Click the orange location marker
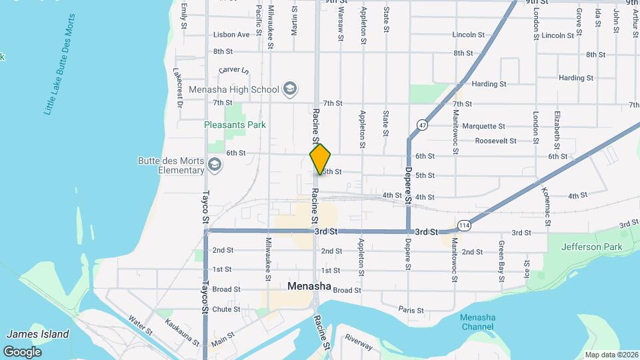[321, 159]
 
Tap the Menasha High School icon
[290, 89]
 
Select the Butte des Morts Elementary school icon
[215, 164]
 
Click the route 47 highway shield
[423, 125]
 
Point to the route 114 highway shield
[465, 226]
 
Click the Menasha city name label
[309, 286]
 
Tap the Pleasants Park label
[235, 125]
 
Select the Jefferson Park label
[591, 247]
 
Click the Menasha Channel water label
[477, 322]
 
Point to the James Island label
[37, 334]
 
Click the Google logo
[22, 351]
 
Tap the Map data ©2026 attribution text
[611, 355]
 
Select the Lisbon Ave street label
[231, 35]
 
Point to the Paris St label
[411, 310]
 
